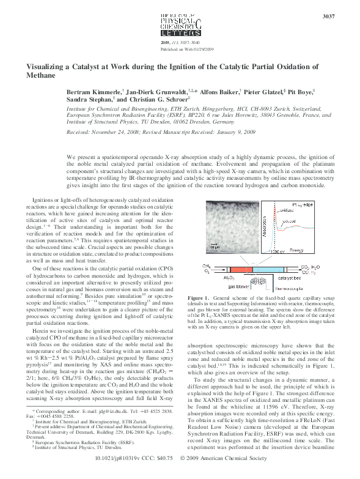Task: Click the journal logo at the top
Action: pos(180,24)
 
